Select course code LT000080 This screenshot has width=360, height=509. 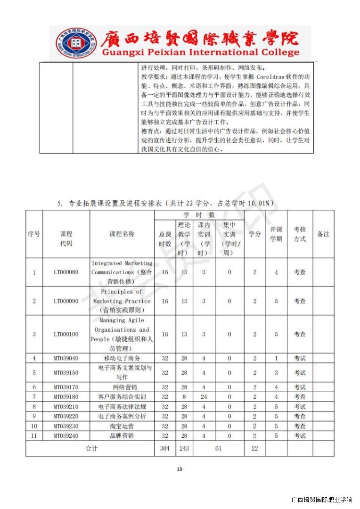66,272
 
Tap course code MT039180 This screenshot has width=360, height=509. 66,397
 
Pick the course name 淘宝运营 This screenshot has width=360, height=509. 122,426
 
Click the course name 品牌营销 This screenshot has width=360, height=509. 122,436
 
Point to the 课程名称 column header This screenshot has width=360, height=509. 122,234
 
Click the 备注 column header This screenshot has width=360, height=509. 323,234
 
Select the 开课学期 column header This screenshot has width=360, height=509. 276,234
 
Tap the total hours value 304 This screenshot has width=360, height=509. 164,448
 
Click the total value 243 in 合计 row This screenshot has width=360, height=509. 184,448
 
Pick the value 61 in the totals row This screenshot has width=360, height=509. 218,448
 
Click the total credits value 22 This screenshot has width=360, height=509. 255,448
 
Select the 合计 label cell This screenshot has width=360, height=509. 91,448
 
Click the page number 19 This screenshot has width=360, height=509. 179,469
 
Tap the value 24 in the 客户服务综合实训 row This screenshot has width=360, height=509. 204,397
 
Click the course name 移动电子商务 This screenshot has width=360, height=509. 122,358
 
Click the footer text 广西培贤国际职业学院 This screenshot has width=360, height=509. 322,500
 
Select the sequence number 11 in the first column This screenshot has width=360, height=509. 34,436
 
